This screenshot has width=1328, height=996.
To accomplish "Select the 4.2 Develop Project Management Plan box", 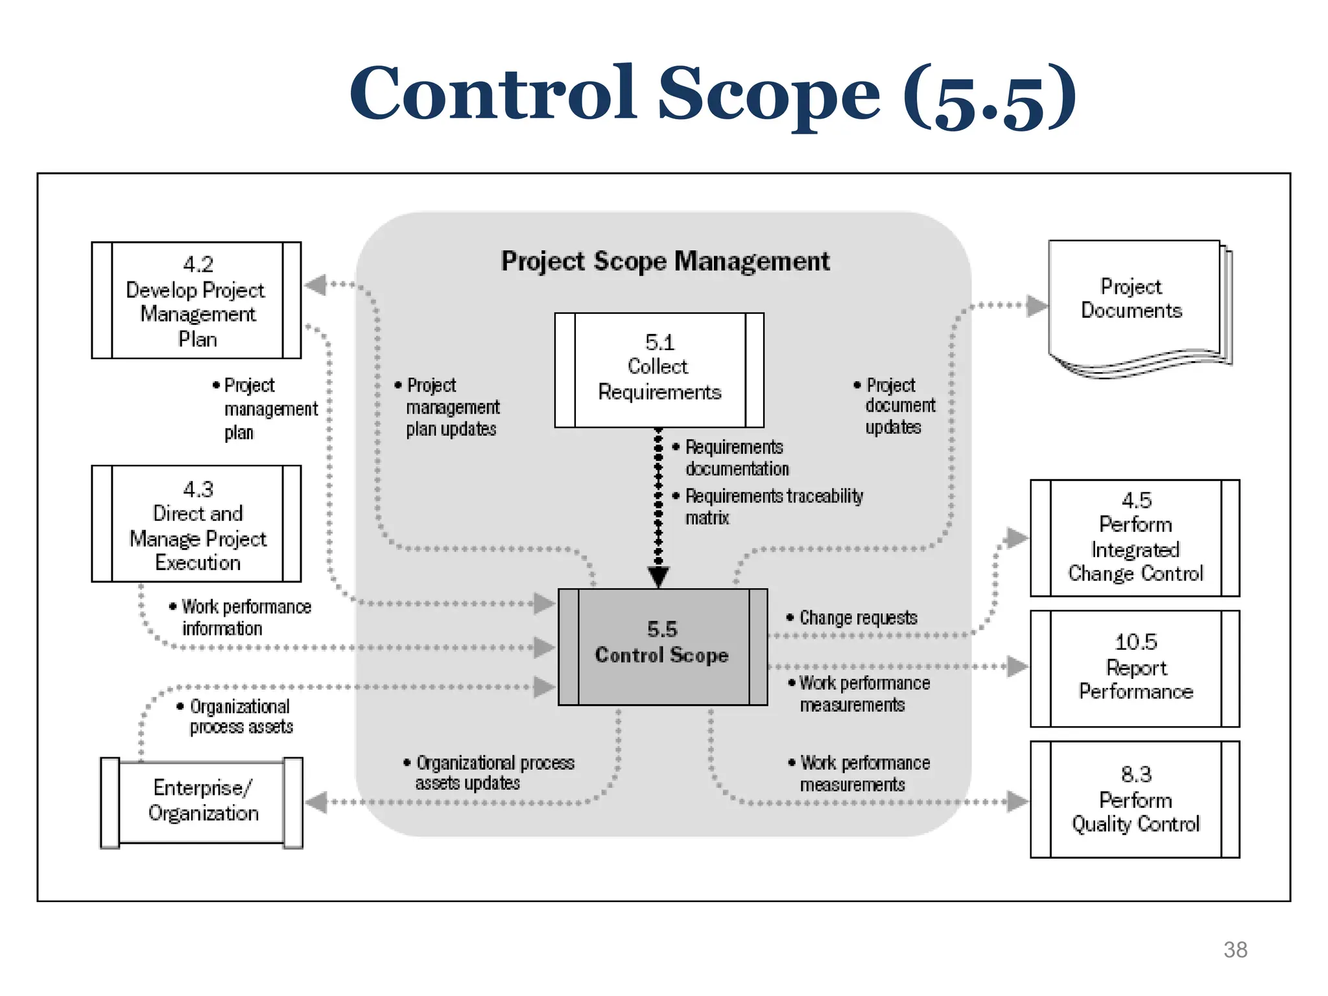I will pos(196,300).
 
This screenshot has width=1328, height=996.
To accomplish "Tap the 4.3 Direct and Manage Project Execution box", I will pos(196,524).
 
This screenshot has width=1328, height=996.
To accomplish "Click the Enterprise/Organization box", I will pos(202,802).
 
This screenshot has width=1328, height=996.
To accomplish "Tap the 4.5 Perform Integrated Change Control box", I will pos(1135,538).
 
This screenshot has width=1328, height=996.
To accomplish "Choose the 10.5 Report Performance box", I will pos(1135,668).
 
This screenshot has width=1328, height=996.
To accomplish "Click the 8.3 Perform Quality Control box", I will pos(1135,799).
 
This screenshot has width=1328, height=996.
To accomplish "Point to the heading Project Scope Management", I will pos(665,261).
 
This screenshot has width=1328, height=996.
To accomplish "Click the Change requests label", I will pos(857,618).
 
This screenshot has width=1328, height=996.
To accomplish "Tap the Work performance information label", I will pos(244,617).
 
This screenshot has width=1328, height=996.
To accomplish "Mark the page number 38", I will pos(1235,949).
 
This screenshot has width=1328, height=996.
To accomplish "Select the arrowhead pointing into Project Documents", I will pos(1037,305).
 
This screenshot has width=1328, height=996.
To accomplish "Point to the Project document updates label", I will pos(898,406).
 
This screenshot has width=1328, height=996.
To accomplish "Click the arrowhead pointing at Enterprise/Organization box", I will pos(316,802).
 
